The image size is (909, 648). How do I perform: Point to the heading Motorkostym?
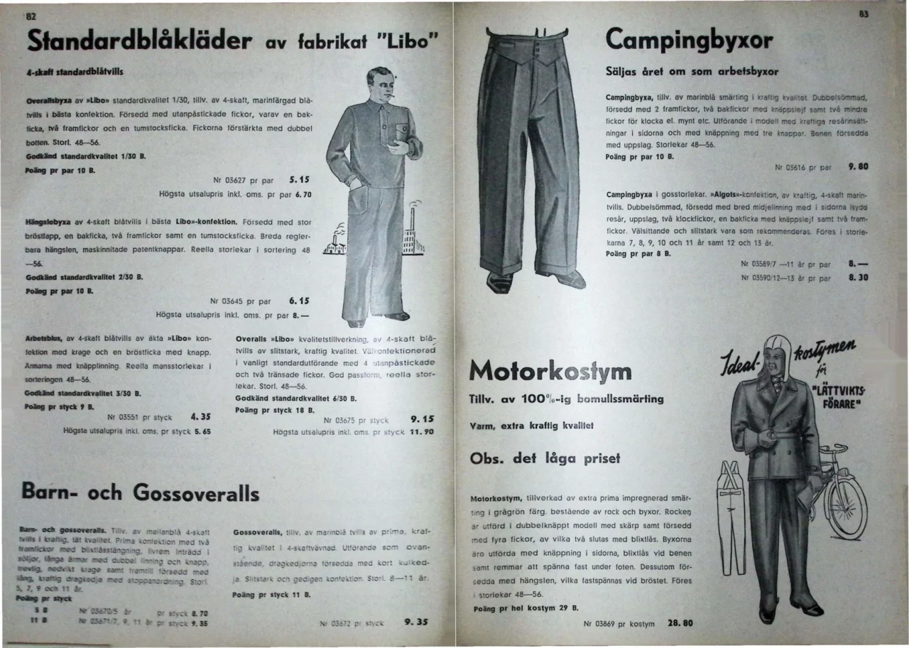coord(550,371)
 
